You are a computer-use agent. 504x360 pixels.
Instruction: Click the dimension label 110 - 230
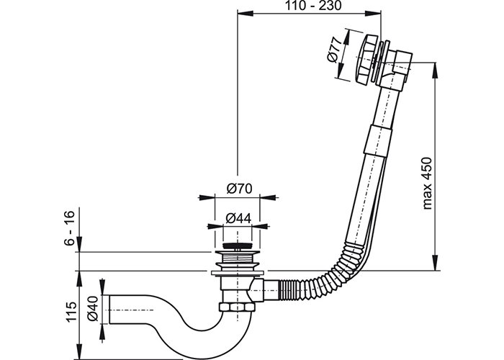click(x=313, y=6)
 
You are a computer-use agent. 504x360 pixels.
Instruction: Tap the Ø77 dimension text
click(x=334, y=50)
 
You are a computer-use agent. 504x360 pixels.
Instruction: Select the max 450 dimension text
click(x=427, y=183)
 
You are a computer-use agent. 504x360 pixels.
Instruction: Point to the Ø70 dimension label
click(x=239, y=189)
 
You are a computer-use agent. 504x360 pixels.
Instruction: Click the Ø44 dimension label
click(x=238, y=219)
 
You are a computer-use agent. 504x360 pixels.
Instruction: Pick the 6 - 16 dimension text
click(x=69, y=228)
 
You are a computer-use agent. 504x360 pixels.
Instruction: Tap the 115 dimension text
click(x=71, y=312)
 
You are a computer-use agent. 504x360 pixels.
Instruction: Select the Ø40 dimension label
click(x=93, y=309)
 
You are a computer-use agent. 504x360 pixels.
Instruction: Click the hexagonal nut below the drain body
click(x=236, y=307)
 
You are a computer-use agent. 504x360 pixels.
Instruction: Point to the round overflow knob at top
click(x=365, y=59)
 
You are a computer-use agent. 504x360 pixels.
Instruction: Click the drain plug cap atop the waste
click(x=238, y=246)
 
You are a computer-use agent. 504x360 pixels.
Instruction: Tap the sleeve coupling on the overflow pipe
click(x=379, y=141)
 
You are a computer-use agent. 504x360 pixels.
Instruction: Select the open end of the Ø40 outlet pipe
click(x=110, y=310)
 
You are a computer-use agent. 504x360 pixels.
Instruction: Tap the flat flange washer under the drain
click(x=238, y=273)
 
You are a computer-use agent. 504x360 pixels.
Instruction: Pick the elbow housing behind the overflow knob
click(x=396, y=68)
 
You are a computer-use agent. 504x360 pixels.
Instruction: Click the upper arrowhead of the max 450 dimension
click(x=435, y=69)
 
